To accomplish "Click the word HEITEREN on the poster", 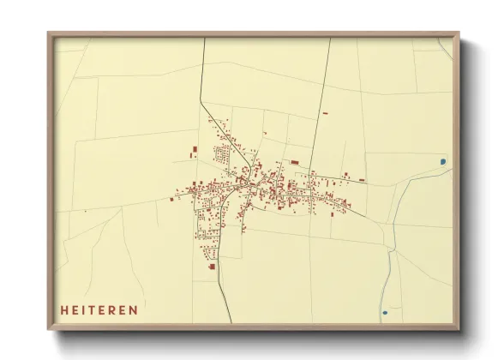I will click(x=99, y=309).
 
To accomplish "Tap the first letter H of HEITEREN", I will click(x=63, y=309).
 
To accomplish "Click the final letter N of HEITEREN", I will click(x=133, y=309).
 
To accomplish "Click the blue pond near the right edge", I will click(x=442, y=160).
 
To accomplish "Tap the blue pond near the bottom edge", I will click(x=385, y=311).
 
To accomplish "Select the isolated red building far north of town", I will click(x=325, y=112).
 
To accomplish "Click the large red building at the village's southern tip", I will click(x=212, y=267).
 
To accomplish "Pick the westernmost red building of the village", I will click(x=171, y=199).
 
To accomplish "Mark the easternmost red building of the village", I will click(x=362, y=180).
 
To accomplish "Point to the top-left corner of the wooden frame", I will click(x=49, y=34).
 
